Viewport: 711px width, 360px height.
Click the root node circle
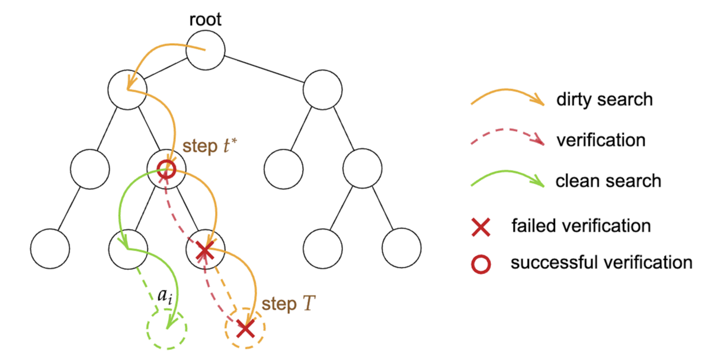[x=206, y=50]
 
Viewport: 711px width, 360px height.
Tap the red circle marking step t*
[x=166, y=169]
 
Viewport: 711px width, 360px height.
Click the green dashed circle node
[x=168, y=328]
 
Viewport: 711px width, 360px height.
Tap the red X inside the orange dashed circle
[x=245, y=327]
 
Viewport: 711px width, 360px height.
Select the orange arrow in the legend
[x=507, y=98]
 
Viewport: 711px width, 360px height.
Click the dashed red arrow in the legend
[x=507, y=139]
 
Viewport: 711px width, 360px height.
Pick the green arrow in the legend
[x=507, y=179]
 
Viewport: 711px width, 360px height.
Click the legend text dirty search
[x=604, y=99]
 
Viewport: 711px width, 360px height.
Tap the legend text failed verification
[x=581, y=226]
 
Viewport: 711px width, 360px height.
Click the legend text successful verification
[x=601, y=262]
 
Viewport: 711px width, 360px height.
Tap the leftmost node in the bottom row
[x=50, y=247]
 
